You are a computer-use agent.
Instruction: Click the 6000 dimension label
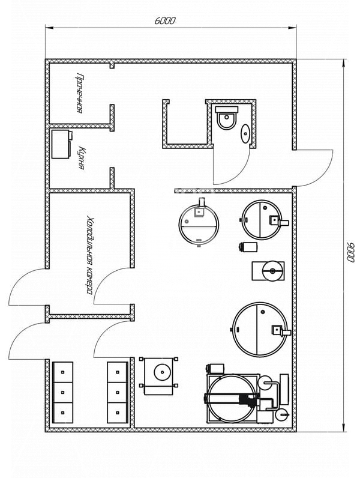click(x=165, y=21)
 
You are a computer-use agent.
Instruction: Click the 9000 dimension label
click(x=351, y=252)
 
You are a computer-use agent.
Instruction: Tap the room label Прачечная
click(x=79, y=93)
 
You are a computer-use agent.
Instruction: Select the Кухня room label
click(x=82, y=157)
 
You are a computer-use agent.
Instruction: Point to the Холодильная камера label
click(x=89, y=255)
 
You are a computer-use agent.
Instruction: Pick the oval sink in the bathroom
click(x=245, y=133)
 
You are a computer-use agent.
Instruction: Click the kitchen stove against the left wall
click(x=62, y=144)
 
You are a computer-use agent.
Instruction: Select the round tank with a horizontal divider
click(x=199, y=223)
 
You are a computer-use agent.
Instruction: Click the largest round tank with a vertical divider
click(x=260, y=329)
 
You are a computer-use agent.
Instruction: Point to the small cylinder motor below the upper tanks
click(x=248, y=246)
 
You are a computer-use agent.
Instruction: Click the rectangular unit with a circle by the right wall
click(x=268, y=271)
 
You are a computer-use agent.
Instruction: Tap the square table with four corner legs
click(x=158, y=376)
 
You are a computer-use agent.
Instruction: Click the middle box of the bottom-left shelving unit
click(x=63, y=392)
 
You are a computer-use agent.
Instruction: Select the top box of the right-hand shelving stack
click(x=118, y=372)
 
